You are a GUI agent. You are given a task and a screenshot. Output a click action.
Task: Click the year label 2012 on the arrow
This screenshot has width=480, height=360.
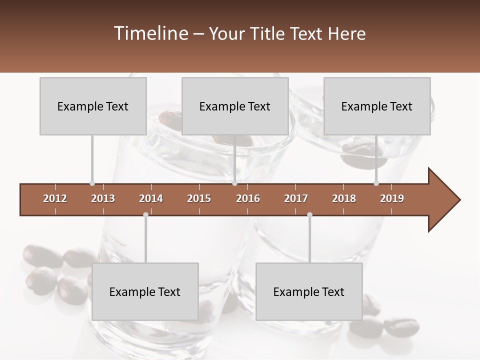coord(55,198)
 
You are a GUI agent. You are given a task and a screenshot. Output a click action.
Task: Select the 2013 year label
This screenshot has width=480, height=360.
coord(103,198)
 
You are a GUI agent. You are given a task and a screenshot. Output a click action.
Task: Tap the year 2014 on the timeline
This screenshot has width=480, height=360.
coord(151,198)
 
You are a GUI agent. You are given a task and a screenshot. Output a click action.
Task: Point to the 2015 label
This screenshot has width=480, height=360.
coord(199,198)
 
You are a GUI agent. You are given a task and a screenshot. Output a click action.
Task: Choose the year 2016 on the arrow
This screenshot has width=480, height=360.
coord(248,198)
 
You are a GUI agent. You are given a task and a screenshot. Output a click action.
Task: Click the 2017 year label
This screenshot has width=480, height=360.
coord(296,198)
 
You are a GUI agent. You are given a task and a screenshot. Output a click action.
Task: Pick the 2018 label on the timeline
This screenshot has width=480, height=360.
coord(344,198)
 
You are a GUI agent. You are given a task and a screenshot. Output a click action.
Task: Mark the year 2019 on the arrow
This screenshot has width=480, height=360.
coord(392,198)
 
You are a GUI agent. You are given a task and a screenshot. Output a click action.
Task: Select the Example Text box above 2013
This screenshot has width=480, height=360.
coord(93,106)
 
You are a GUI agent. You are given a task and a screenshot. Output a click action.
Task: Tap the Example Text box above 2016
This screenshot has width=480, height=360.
coord(235,106)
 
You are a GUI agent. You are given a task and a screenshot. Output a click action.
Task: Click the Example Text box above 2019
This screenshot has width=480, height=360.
coord(377,106)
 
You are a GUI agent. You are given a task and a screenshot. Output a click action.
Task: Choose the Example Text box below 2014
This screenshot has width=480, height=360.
coord(145,291)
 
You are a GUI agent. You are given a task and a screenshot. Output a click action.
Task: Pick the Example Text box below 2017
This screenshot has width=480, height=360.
coord(309,291)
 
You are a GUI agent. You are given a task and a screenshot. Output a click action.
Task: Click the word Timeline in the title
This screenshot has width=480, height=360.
coord(149,33)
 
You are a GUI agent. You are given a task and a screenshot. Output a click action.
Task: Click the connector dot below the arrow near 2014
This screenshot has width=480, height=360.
coord(145,215)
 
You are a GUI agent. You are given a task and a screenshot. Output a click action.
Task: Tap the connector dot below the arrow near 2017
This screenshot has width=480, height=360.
coord(309,215)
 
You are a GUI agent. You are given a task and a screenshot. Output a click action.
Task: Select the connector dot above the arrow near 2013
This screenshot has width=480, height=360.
coord(92,183)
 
